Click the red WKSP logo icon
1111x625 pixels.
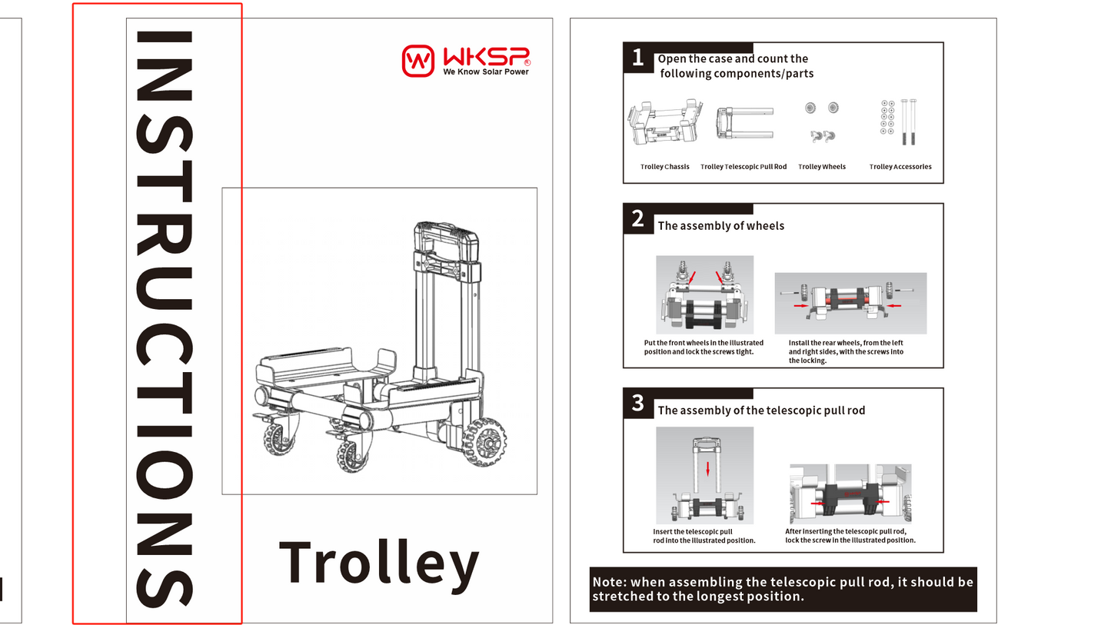[x=418, y=60]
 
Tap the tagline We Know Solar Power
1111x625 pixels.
[x=485, y=72]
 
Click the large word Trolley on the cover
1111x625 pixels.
[x=378, y=563]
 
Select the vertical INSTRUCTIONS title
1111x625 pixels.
[x=163, y=317]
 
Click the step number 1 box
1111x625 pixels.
[x=637, y=58]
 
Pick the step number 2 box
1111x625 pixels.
[x=637, y=219]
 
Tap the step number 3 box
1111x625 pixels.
[x=637, y=404]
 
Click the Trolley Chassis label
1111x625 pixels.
[x=664, y=167]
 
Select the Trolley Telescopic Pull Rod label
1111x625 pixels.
[x=743, y=167]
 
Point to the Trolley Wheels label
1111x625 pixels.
[x=821, y=167]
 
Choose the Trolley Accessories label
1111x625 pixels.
[x=900, y=167]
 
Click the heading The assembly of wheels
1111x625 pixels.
[x=720, y=226]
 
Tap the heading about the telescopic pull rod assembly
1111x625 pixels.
[x=760, y=411]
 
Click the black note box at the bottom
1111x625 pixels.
[x=783, y=590]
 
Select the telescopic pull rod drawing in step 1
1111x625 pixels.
[x=743, y=123]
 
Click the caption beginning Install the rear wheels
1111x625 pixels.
[x=846, y=352]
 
